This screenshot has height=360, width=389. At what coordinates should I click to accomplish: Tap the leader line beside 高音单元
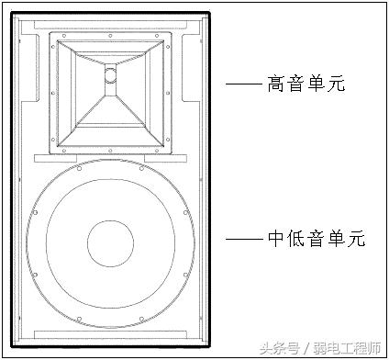(243, 85)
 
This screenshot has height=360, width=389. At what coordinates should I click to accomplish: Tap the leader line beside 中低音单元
(243, 239)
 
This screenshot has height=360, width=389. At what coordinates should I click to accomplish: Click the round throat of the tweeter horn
(110, 76)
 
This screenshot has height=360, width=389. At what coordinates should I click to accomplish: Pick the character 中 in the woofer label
(277, 239)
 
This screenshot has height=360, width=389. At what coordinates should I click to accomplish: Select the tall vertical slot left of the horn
(32, 78)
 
